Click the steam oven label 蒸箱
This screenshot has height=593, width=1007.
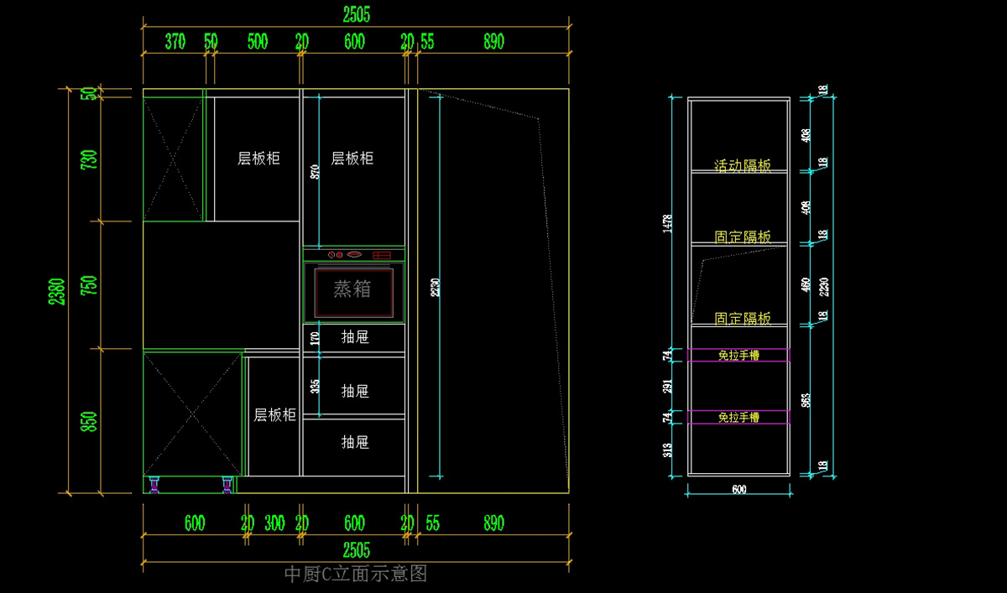[x=352, y=289]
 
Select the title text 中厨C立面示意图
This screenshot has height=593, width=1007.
[x=356, y=574]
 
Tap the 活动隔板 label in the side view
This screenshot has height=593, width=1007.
[x=743, y=166]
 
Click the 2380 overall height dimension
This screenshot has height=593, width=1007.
[x=57, y=291]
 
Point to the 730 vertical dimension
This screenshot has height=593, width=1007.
[x=89, y=159]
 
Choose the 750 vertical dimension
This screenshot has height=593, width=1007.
[x=89, y=285]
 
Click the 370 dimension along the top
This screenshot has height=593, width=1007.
[x=175, y=42]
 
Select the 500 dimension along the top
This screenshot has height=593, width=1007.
[x=258, y=42]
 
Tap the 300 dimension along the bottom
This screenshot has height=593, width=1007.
[x=274, y=523]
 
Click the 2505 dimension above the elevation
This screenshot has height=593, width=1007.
[x=356, y=14]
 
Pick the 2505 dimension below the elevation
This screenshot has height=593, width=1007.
[x=356, y=550]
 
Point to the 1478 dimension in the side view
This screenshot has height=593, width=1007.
[x=667, y=221]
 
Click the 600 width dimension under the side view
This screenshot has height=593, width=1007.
[x=738, y=490]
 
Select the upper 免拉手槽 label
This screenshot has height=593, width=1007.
[x=738, y=355]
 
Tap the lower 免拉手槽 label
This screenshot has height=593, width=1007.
[x=738, y=417]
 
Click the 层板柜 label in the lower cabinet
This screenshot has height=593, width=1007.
[x=275, y=414]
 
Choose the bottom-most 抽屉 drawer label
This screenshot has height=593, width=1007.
[x=355, y=442]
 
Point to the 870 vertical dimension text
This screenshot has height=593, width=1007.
[x=315, y=172]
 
